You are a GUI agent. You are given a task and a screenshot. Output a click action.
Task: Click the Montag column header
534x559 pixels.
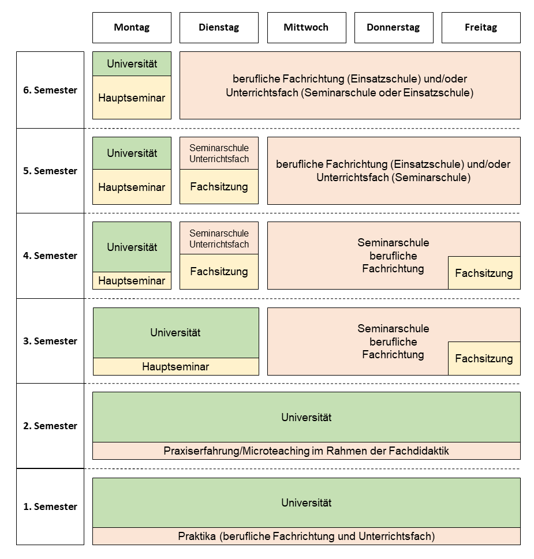coord(132,28)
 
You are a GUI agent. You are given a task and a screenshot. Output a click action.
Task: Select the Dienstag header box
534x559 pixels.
coord(219,28)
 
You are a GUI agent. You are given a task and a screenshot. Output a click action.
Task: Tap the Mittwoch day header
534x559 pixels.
coord(307,28)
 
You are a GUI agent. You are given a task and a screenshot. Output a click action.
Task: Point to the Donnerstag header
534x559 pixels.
coord(394,28)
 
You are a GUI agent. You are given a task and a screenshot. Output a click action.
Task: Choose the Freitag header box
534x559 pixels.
coord(481,28)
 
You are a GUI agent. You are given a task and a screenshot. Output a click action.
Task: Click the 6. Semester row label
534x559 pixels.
coord(50,90)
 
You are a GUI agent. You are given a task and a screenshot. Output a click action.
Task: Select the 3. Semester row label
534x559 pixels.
coord(50,341)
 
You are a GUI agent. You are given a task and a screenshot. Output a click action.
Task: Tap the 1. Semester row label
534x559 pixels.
coord(50,507)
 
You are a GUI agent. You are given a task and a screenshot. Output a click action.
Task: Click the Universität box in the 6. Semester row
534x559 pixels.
coord(132,64)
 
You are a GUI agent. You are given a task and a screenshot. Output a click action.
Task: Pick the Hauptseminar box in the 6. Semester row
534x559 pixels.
coord(132,97)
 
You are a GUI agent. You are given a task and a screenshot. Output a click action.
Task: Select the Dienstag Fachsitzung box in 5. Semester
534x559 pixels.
coord(219,186)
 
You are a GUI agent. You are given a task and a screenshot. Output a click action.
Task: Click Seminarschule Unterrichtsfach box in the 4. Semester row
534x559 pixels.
coord(219,238)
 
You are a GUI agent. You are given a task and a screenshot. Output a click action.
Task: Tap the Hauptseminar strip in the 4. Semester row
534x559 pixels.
coord(132,280)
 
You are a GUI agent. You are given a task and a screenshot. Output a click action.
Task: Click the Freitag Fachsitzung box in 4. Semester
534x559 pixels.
coord(484,273)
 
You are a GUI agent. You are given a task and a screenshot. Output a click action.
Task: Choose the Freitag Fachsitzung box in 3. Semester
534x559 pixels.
coord(484,358)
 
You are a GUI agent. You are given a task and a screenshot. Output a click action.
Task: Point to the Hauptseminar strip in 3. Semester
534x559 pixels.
coord(176,366)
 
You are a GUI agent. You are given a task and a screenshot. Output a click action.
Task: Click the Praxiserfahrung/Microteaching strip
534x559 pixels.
coord(307,451)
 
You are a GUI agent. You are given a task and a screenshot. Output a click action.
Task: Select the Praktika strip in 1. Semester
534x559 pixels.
coord(307,536)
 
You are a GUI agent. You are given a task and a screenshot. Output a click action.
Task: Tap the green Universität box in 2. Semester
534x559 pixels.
coord(307,417)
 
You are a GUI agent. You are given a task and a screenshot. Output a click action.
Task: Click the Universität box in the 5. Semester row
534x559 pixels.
coord(132,153)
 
